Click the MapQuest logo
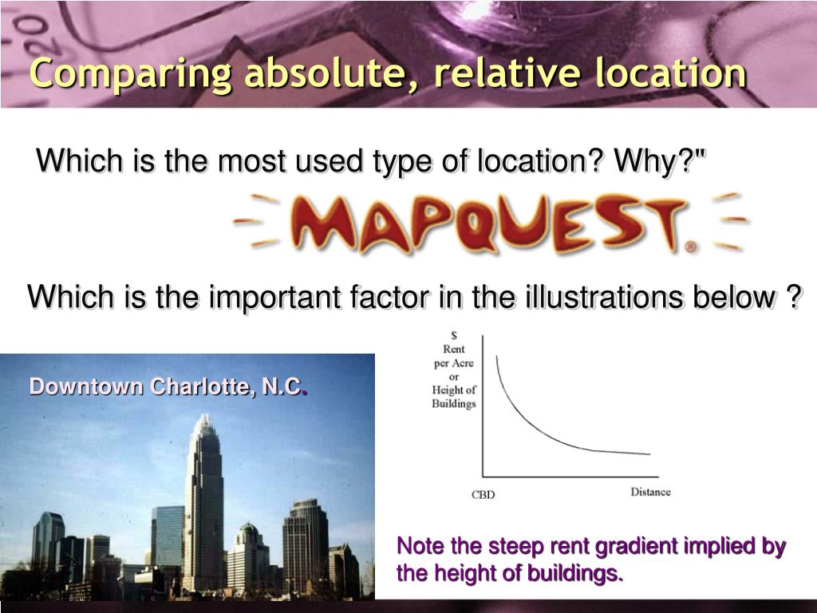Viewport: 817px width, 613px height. click(x=488, y=223)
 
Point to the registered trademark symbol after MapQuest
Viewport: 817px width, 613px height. click(x=690, y=247)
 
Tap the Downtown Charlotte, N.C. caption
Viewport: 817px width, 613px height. click(x=168, y=388)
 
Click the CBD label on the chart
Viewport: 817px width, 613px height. click(x=483, y=495)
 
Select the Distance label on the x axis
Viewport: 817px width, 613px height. click(x=650, y=492)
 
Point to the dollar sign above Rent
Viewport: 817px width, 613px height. click(x=454, y=335)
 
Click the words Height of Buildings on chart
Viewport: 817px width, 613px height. click(x=454, y=397)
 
